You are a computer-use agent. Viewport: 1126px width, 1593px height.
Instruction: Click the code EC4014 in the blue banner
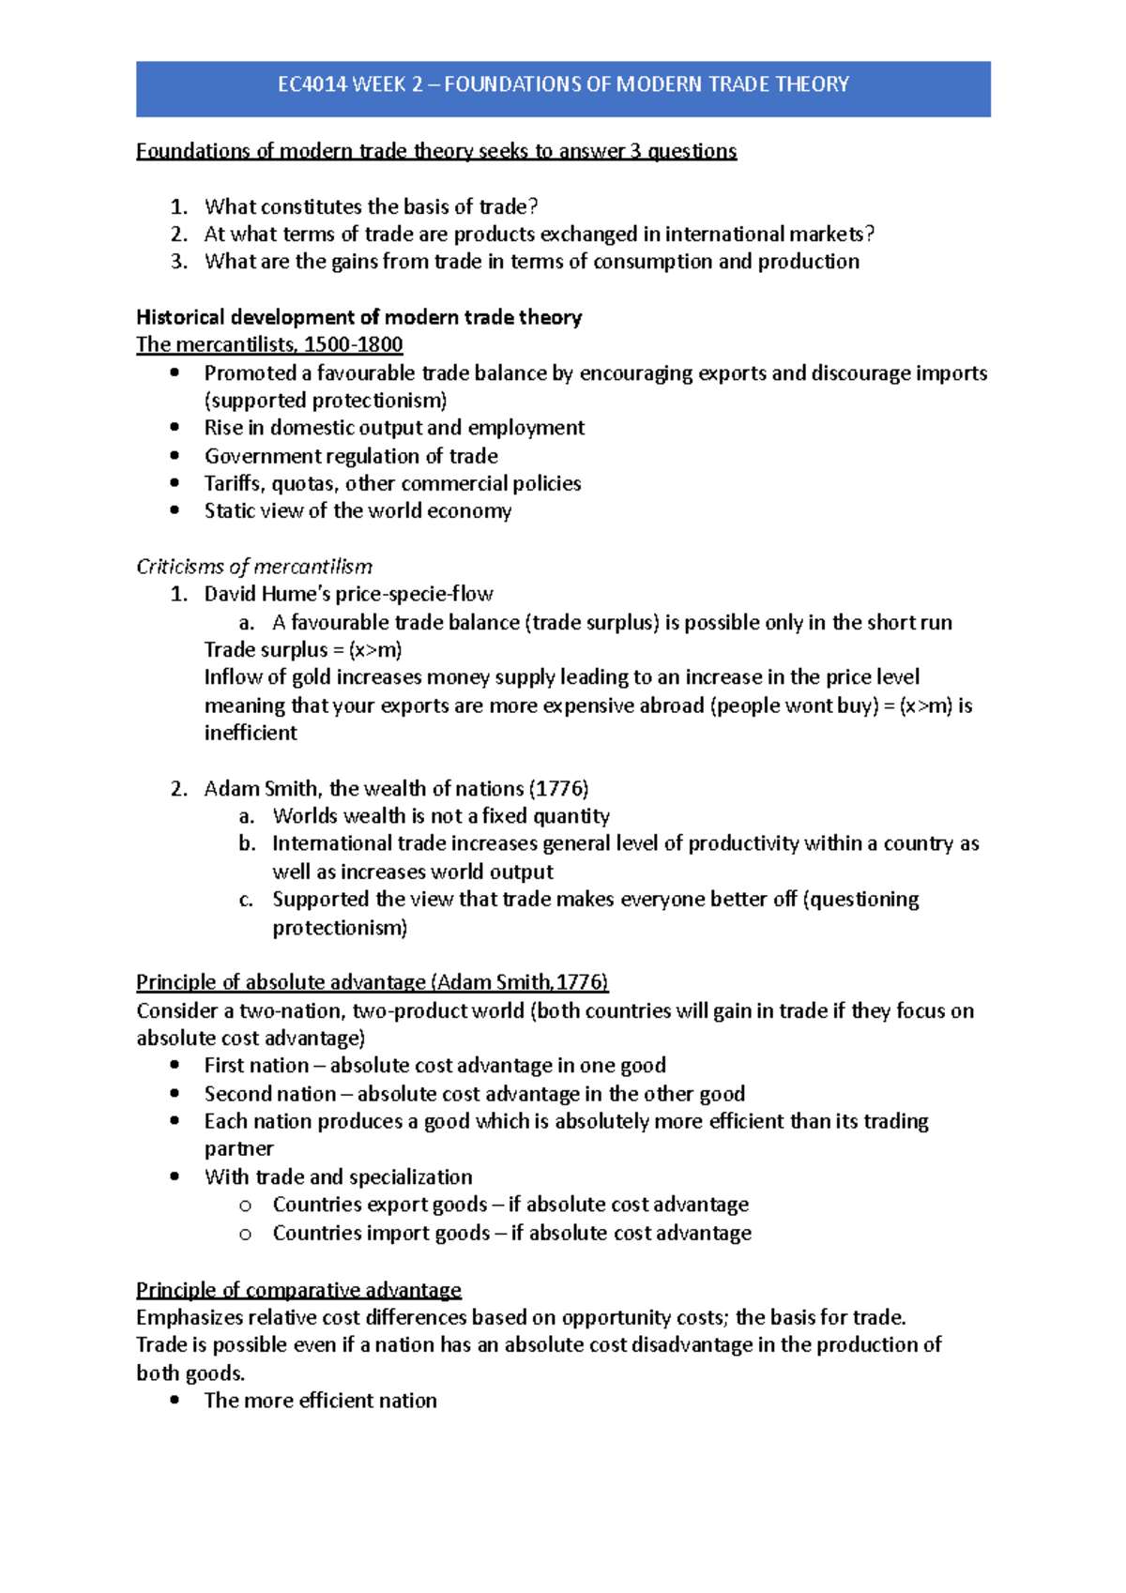(310, 84)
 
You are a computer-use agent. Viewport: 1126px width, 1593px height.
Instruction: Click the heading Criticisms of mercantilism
(254, 567)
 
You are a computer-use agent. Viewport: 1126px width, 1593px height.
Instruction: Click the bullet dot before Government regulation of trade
(175, 456)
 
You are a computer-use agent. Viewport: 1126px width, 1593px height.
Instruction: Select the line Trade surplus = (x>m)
(303, 649)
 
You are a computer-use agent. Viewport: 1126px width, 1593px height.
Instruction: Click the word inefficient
(251, 733)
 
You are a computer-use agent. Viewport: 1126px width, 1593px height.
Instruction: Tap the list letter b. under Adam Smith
(247, 843)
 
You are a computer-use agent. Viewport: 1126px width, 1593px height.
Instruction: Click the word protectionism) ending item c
(340, 928)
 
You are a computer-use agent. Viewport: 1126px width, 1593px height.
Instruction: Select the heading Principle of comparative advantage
(298, 1290)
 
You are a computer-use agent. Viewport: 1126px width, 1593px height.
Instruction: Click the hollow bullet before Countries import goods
(246, 1234)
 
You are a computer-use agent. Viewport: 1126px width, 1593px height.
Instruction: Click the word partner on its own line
(238, 1149)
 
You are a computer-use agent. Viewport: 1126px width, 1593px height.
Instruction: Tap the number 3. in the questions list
(179, 261)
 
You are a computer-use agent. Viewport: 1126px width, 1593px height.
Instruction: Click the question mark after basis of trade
(533, 206)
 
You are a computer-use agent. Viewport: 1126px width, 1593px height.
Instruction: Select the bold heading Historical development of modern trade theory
(358, 317)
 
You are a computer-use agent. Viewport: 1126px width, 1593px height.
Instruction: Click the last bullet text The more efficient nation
(320, 1401)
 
